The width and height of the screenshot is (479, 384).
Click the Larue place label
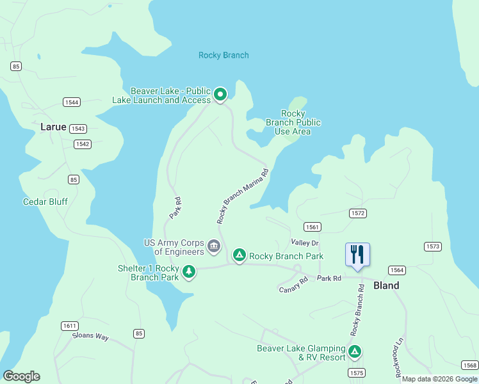53,127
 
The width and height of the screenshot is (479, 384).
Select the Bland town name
386,285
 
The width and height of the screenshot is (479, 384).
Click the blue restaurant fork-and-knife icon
357,254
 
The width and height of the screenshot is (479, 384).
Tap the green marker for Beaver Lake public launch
220,95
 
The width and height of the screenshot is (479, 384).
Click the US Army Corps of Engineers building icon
214,245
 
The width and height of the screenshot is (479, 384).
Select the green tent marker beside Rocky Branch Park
239,255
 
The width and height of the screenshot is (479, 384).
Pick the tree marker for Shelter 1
188,272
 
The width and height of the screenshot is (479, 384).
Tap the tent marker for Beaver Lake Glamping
354,351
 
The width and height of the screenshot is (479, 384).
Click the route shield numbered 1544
72,102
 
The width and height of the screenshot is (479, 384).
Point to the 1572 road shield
357,212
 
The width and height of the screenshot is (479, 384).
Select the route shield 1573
433,246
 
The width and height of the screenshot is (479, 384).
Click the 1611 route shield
70,326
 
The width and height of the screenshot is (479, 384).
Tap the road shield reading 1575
357,372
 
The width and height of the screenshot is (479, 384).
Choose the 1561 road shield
313,227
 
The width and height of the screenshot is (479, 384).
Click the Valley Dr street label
304,243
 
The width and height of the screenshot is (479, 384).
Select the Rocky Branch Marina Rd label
243,196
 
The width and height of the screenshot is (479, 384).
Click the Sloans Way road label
90,335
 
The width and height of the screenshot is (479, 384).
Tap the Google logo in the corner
21,376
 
